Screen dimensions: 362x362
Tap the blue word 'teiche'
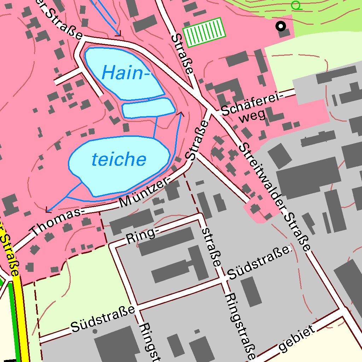click(x=119, y=160)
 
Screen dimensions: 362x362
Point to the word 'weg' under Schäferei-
click(x=252, y=117)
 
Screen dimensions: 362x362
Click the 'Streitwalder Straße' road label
click(x=274, y=197)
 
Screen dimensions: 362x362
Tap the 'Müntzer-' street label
click(x=145, y=193)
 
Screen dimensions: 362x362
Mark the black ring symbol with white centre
click(x=281, y=26)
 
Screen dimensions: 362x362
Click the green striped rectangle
click(x=204, y=32)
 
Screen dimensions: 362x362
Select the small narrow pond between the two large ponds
click(x=148, y=108)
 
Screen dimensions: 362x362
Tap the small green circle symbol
click(x=296, y=5)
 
